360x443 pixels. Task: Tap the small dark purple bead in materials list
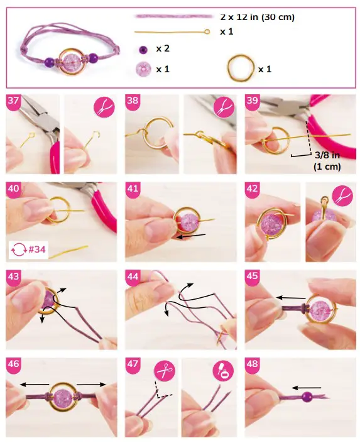[x=144, y=49]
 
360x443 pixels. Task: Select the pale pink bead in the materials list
[x=144, y=68]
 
